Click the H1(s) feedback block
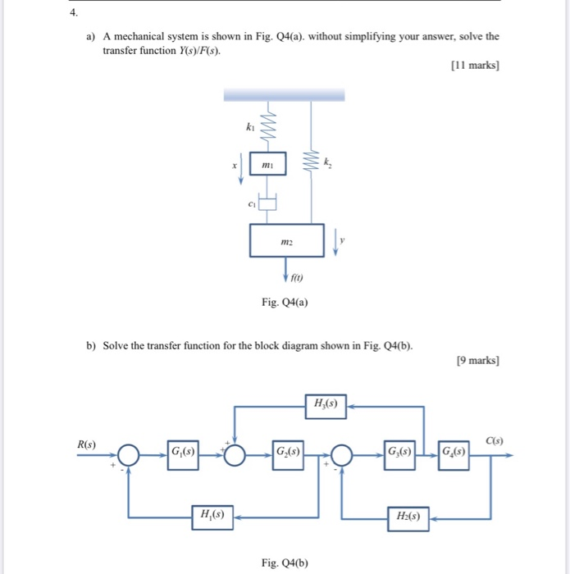[210, 516]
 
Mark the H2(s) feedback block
[408, 518]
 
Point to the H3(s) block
[325, 403]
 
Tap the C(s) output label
[494, 441]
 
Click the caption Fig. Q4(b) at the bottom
[284, 562]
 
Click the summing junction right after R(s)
[129, 453]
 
